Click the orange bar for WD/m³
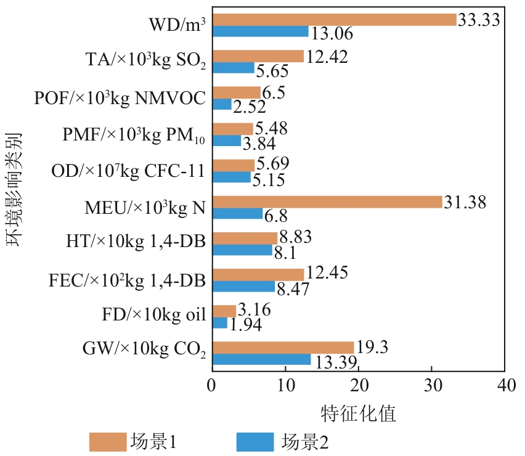334,20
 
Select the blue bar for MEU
237,214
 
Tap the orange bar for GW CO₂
283,348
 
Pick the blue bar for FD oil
219,323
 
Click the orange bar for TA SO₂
258,56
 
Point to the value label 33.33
478,20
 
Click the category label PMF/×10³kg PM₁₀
133,135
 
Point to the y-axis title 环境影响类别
16,189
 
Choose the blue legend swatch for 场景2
254,441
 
